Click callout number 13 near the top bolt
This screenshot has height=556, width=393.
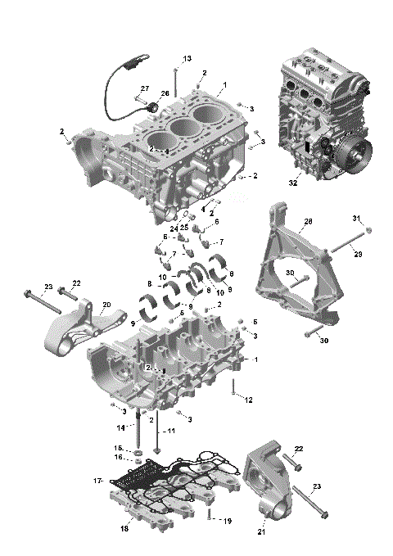187,58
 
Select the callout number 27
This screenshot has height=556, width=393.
144,88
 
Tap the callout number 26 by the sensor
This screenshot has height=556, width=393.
164,93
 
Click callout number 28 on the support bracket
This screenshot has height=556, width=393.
308,222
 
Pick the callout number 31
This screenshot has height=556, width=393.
356,218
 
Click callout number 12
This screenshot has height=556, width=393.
249,399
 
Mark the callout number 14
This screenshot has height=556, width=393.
120,427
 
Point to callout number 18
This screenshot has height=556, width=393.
125,529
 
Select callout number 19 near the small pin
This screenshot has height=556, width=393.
228,521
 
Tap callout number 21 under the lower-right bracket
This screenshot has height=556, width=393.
262,532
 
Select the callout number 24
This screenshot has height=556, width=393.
174,227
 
